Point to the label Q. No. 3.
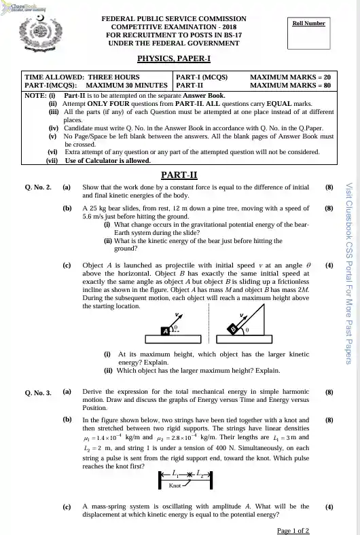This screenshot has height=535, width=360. point(38,392)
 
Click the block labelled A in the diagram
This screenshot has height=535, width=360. point(165,331)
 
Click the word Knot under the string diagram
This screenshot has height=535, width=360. point(175,486)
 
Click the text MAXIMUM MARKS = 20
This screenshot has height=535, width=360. point(291,77)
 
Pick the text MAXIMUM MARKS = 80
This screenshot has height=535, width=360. point(291,86)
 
